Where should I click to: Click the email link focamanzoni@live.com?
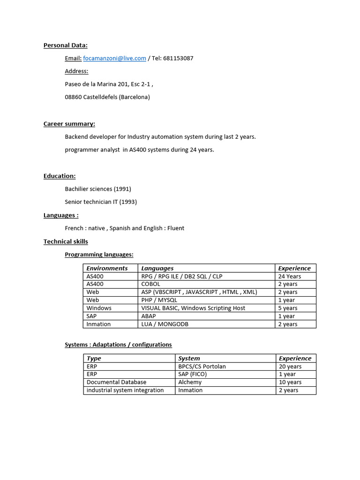115,58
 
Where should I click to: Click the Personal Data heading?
66,45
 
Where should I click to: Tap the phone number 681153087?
178,58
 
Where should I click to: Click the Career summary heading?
69,124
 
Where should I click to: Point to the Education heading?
60,176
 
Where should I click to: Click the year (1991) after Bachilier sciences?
123,189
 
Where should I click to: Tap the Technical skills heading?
66,241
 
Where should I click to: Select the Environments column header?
107,268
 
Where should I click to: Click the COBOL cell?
150,284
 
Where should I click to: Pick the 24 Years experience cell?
290,276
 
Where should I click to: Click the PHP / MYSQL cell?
159,300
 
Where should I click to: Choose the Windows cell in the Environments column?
99,308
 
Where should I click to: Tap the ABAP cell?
149,316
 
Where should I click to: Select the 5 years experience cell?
288,308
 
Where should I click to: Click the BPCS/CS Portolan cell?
202,366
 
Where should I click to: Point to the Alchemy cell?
190,382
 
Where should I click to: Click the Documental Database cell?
116,382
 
